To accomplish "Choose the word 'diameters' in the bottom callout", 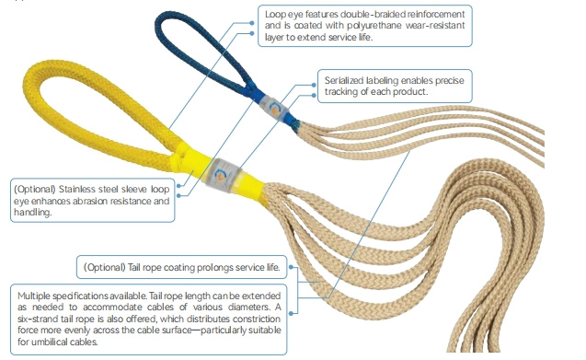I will tap(241, 306).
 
